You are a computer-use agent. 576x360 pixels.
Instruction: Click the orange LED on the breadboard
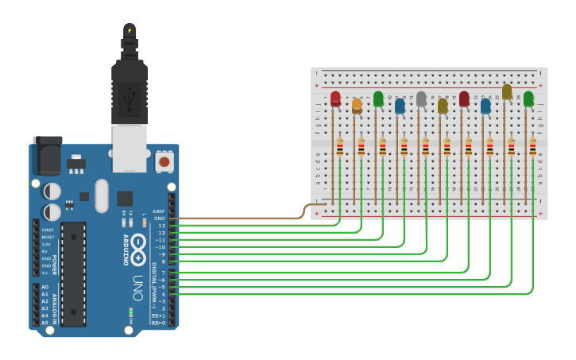tap(357, 105)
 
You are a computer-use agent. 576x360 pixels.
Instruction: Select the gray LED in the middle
tap(421, 99)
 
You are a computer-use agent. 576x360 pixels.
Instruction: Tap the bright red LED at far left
tap(335, 98)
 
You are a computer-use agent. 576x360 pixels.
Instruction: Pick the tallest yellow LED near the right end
tap(507, 92)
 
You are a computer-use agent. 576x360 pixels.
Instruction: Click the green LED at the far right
tap(528, 99)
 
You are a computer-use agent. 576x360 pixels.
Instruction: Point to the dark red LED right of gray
tap(464, 99)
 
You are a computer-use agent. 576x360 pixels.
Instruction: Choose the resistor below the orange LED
tap(361, 147)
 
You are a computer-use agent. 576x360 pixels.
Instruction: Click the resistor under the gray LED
tap(426, 147)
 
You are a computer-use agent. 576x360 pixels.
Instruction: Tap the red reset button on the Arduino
tap(164, 161)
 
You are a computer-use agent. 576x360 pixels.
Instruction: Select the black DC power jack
tap(47, 156)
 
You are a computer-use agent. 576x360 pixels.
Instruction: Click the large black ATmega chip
tap(73, 273)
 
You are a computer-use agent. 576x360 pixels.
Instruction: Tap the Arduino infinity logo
tap(138, 246)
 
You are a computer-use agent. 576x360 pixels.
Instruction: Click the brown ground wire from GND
tap(238, 217)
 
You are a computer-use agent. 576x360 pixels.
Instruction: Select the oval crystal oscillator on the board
tap(101, 195)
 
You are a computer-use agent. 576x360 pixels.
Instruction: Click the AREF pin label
tap(159, 211)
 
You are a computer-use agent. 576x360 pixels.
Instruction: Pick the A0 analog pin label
tap(44, 287)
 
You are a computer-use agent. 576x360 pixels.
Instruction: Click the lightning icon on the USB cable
tap(129, 31)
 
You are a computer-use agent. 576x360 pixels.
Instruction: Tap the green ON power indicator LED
tap(129, 312)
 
